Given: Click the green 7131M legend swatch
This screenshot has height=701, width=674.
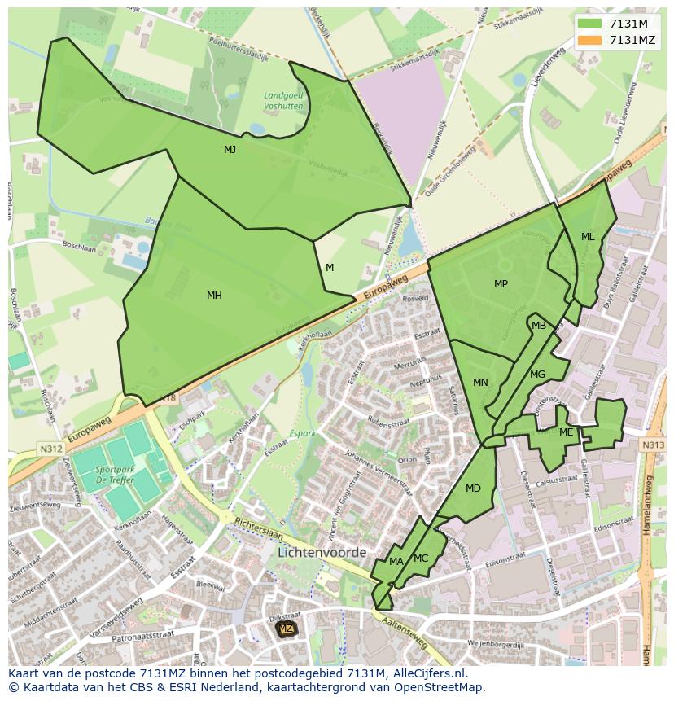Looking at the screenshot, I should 591,24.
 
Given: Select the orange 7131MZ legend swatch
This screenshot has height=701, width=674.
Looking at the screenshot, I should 591,40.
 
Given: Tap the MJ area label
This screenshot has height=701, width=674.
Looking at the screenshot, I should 230,150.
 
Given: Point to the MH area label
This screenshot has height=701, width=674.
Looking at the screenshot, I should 214,296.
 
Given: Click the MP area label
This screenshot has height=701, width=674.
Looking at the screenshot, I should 501,284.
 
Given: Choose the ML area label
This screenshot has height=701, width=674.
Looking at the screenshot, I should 588,237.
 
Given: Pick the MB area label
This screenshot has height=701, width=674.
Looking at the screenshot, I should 539,326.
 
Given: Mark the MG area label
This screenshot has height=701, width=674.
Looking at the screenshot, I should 537,375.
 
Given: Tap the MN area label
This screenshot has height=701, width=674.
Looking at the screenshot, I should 480,383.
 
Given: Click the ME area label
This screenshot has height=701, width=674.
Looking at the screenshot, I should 567,432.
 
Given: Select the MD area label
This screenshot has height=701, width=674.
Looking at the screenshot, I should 473,489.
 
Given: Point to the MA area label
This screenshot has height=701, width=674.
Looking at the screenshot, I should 396,562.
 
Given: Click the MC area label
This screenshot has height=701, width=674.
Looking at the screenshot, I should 421,559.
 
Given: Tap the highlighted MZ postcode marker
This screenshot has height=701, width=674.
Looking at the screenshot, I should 286,629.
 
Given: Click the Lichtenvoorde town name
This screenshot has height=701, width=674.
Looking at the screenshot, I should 322,552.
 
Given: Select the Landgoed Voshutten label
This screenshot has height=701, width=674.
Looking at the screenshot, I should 283,100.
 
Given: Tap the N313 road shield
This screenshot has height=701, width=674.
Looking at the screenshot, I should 652,445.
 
